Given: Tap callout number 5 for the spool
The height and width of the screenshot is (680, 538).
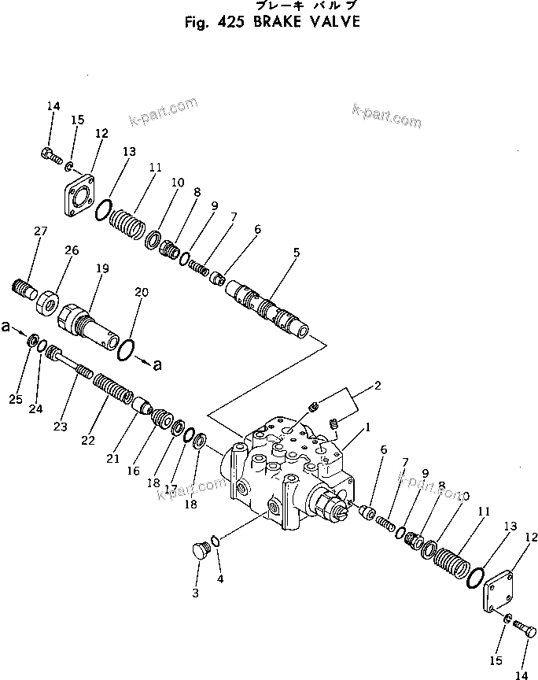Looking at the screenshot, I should point(297,253).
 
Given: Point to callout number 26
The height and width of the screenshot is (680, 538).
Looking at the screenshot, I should point(72,251).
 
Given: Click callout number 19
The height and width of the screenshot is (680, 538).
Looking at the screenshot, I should point(103,268).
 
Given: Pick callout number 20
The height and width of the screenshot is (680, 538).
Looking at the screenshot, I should point(142,291).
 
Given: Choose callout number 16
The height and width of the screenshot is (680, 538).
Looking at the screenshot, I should point(134,471).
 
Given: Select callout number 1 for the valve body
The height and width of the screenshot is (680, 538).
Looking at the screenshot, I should point(367,429).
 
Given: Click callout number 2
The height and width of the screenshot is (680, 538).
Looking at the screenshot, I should point(377,386).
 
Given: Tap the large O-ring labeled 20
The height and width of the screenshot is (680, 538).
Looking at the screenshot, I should point(127,346).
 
